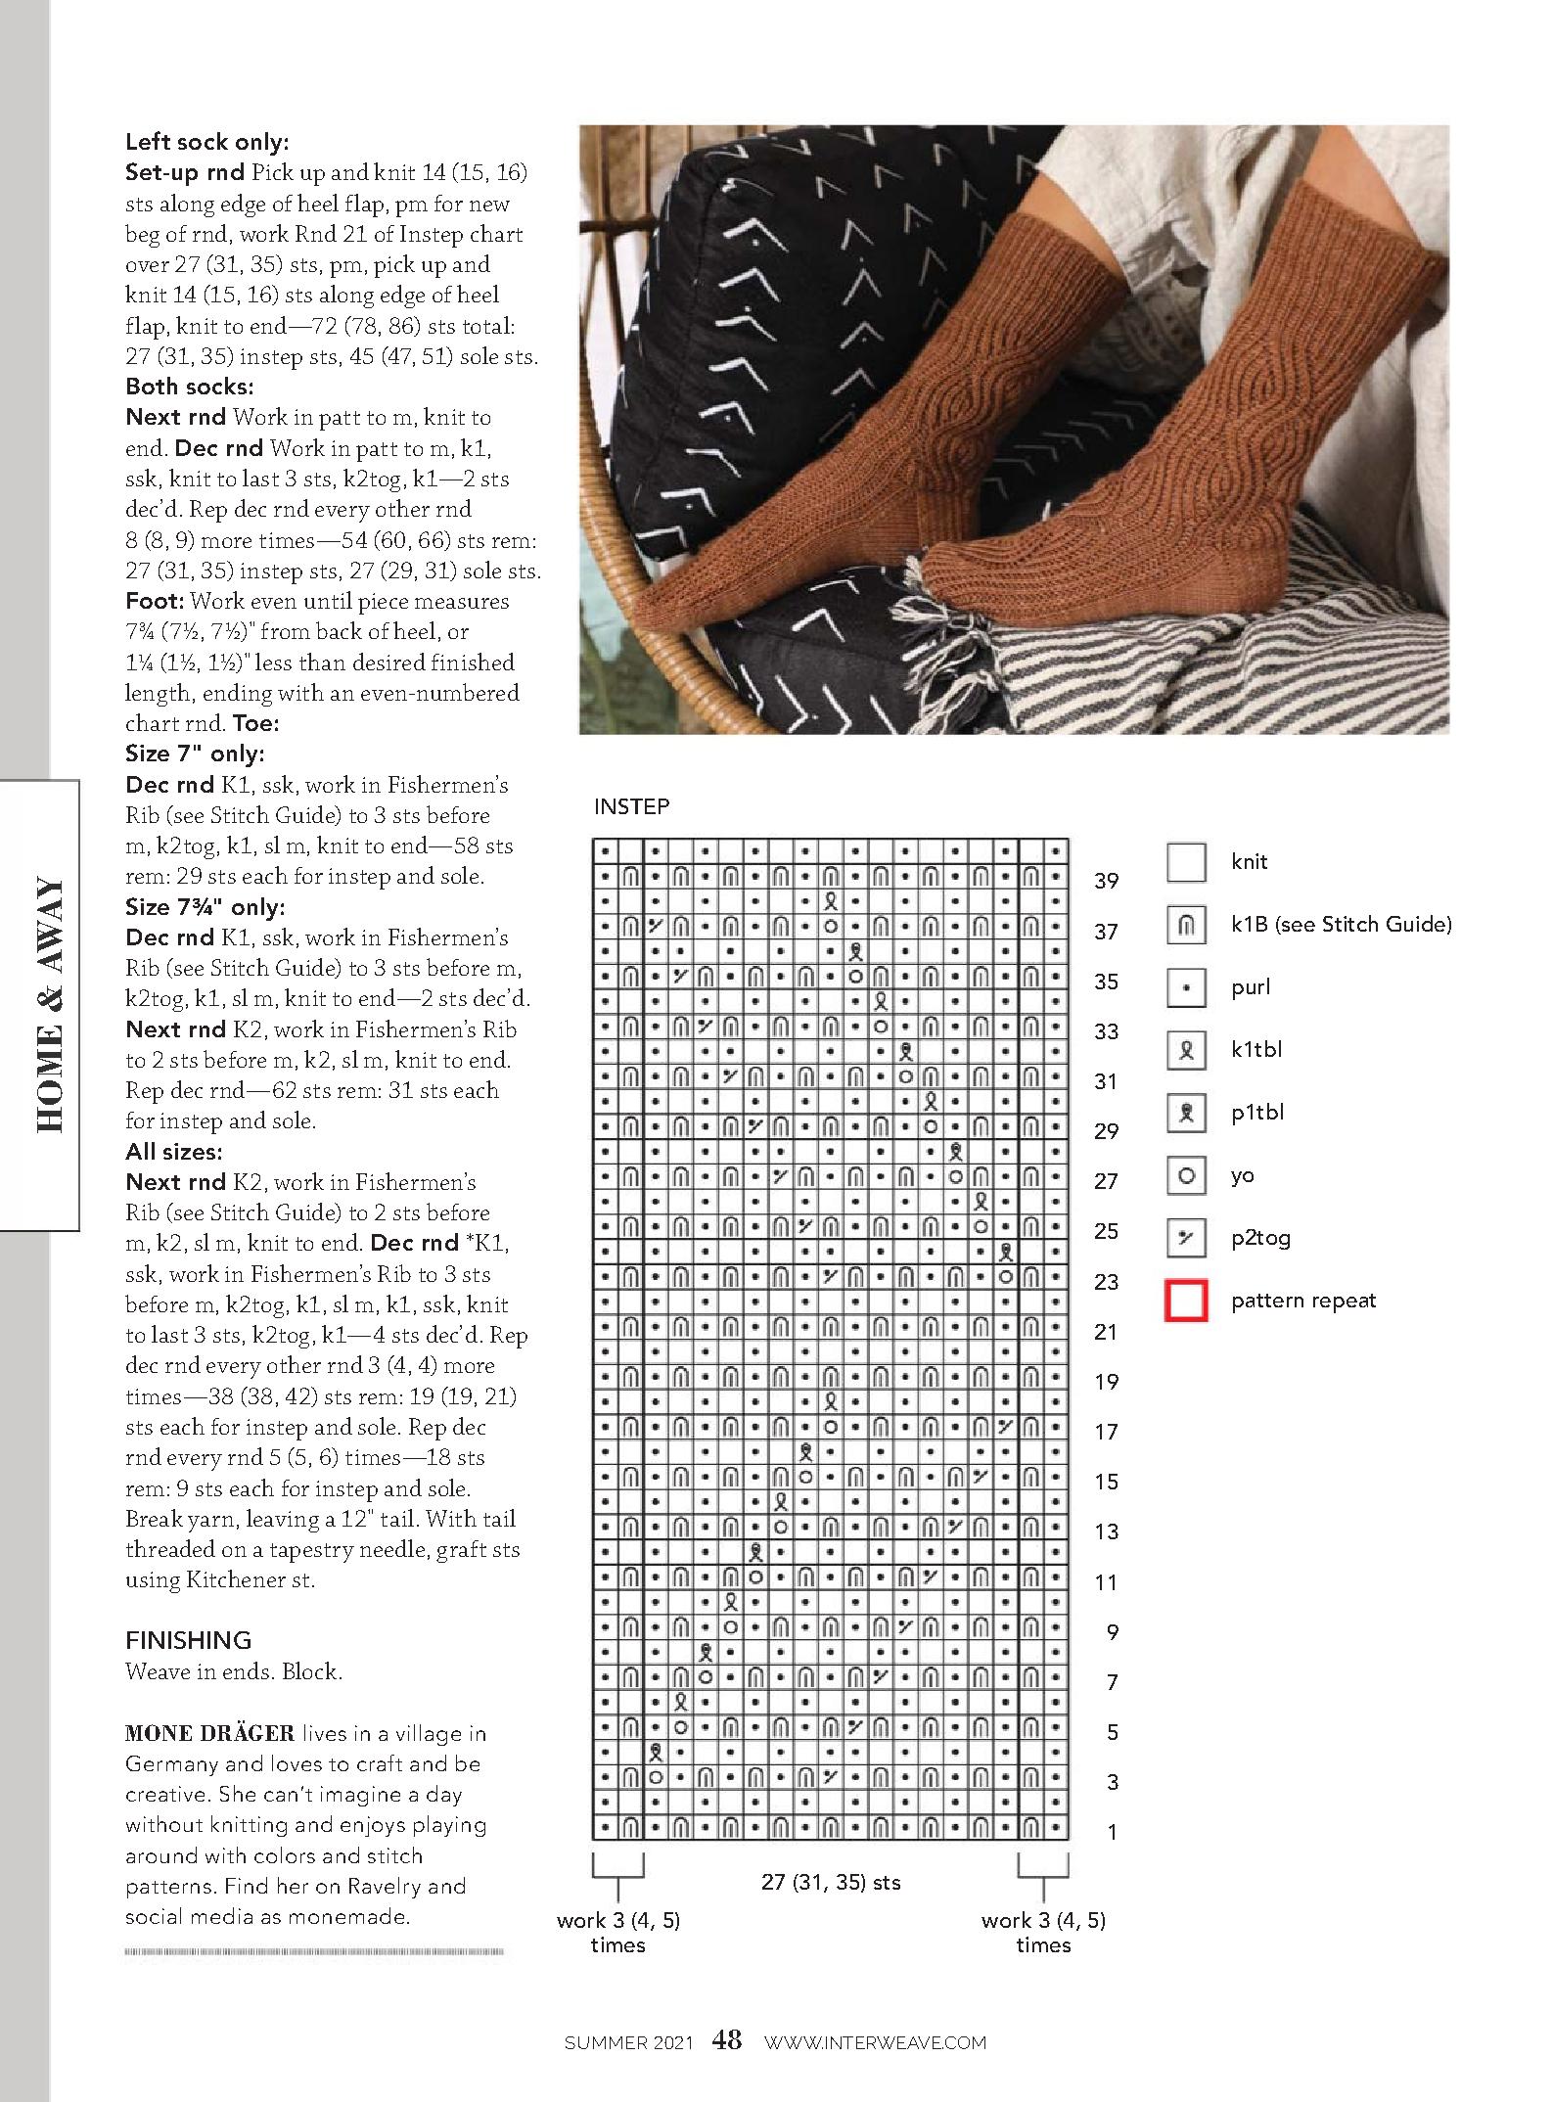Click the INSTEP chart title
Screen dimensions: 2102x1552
(x=631, y=806)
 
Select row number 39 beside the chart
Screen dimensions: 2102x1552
(x=1106, y=881)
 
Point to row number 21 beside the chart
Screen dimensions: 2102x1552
(x=1106, y=1332)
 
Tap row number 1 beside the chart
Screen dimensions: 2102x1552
(x=1112, y=1832)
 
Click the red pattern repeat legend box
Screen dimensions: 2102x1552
(x=1186, y=1301)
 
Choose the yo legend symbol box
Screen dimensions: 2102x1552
(x=1186, y=1175)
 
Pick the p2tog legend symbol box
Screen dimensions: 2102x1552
(x=1186, y=1238)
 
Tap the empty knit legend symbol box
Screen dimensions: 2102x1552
(x=1186, y=862)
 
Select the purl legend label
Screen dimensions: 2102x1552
(x=1251, y=987)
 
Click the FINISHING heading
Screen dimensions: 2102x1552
(x=188, y=1640)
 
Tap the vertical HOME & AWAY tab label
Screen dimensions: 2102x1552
(x=49, y=1006)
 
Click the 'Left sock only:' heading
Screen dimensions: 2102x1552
(x=207, y=142)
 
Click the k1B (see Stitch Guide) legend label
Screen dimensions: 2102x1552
(x=1341, y=925)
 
